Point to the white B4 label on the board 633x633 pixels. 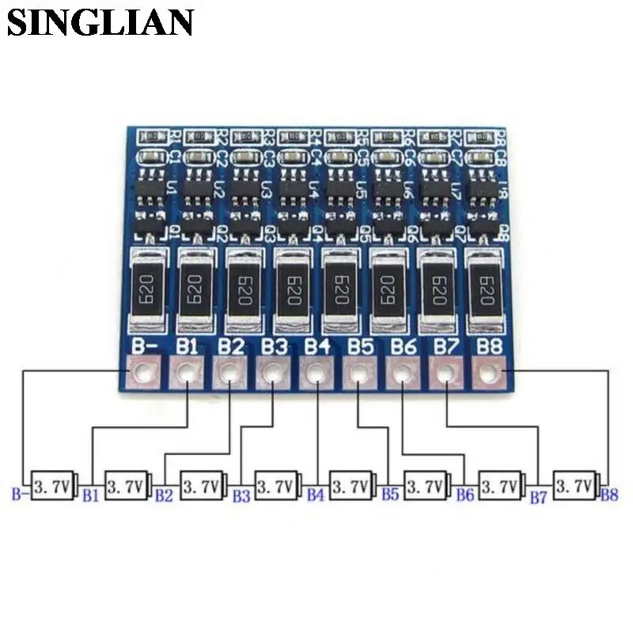click(316, 346)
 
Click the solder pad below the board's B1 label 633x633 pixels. click(187, 371)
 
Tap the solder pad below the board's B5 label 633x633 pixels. click(359, 371)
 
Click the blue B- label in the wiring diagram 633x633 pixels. click(20, 495)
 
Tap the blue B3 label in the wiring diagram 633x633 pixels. click(241, 495)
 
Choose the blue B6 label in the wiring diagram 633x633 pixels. click(465, 495)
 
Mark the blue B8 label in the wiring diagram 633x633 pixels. click(609, 495)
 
